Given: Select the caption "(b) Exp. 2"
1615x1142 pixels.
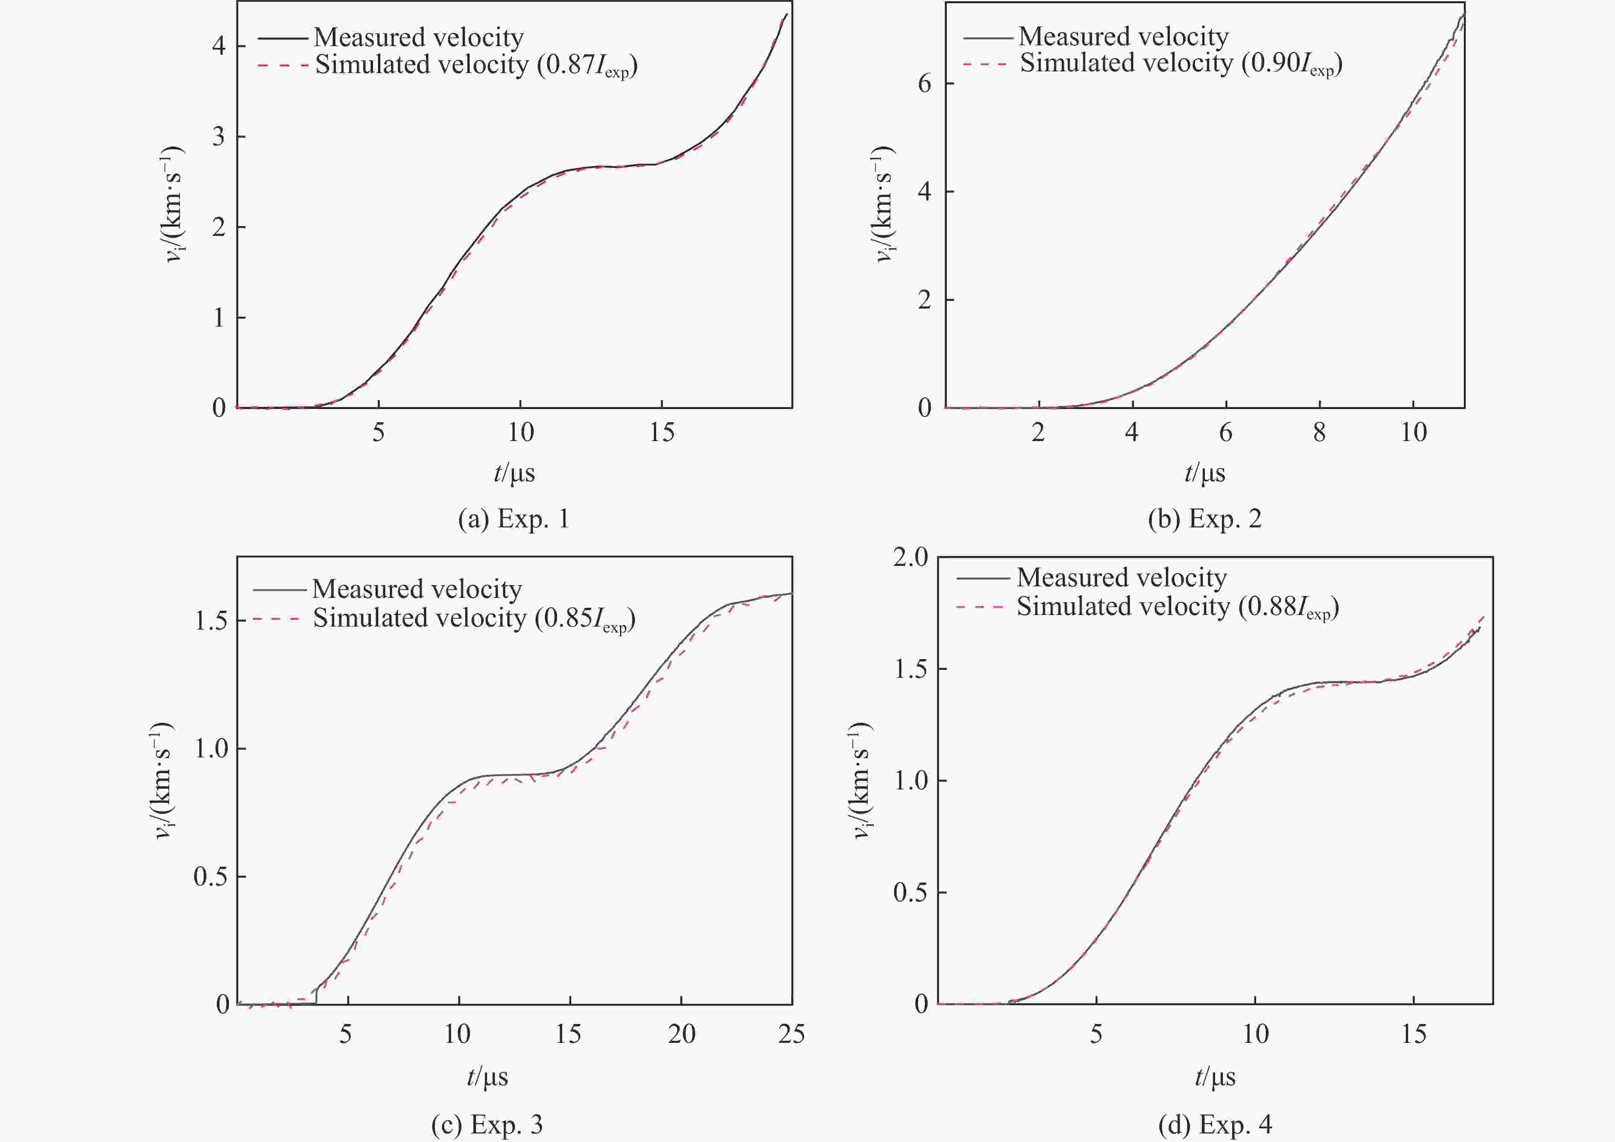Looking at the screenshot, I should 1204,519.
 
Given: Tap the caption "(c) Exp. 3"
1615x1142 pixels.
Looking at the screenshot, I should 487,1124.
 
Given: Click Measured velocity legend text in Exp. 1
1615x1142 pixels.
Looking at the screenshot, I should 419,37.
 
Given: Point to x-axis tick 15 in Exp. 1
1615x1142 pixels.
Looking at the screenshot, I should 662,432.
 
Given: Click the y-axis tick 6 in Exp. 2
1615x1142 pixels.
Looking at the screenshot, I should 924,84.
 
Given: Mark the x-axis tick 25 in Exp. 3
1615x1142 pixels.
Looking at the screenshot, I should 791,1033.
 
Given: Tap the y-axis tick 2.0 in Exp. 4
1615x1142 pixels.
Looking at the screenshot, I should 910,557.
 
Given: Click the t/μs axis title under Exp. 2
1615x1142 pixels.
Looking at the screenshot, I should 1204,473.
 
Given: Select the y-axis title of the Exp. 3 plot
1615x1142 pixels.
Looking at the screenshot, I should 163,780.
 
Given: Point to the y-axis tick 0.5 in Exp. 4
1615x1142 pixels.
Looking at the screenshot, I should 910,893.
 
